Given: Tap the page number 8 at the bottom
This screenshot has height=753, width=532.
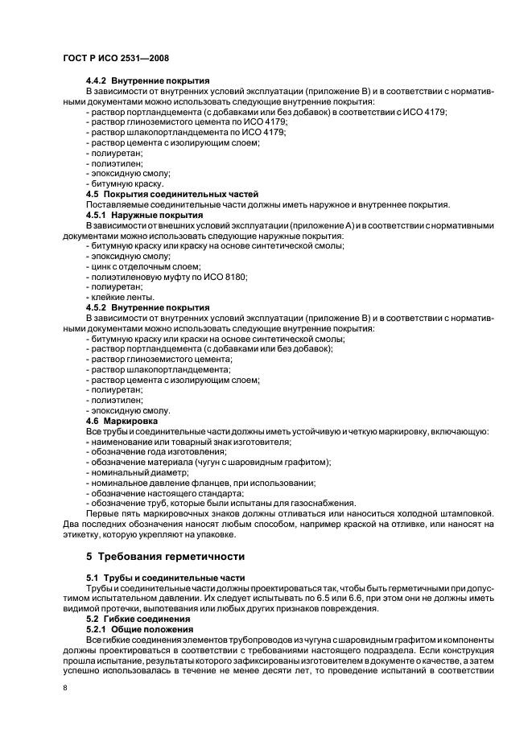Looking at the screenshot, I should pyautogui.click(x=67, y=689).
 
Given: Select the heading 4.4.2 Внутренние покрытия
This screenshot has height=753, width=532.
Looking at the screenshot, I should pyautogui.click(x=148, y=80).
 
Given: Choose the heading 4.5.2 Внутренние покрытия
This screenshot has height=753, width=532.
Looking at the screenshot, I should pyautogui.click(x=148, y=307).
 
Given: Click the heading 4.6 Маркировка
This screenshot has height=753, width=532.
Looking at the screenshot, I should pyautogui.click(x=122, y=421).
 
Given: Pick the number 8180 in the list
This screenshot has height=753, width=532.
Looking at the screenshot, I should pyautogui.click(x=235, y=277).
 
